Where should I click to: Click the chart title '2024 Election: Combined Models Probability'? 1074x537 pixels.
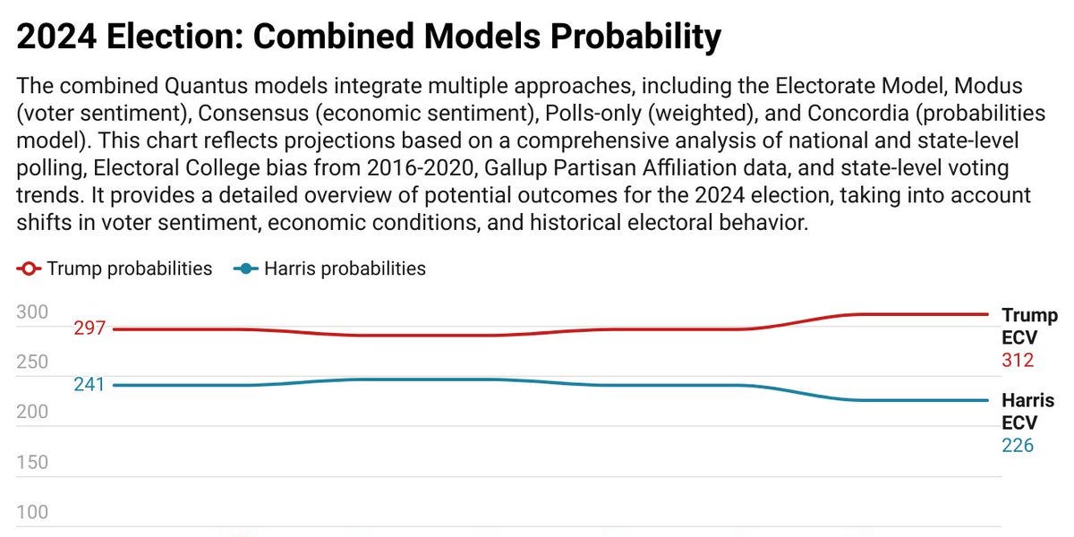click(x=369, y=38)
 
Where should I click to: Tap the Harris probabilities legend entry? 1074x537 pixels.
click(x=329, y=268)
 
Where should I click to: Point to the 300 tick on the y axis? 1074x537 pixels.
click(x=32, y=312)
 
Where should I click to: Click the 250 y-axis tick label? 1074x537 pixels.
click(x=32, y=362)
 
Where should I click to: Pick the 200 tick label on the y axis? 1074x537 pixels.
click(x=32, y=413)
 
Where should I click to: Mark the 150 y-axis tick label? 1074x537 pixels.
click(x=32, y=463)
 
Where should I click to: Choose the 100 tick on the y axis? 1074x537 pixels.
click(x=32, y=513)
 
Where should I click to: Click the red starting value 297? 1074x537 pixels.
click(x=89, y=329)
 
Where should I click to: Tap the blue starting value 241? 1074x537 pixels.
click(x=89, y=385)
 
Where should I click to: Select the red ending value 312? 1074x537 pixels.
click(x=1018, y=361)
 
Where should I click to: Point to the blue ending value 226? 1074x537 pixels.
click(x=1018, y=446)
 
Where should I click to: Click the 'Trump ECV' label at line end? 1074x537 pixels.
click(x=1028, y=327)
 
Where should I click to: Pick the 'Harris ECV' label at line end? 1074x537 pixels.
click(x=1027, y=412)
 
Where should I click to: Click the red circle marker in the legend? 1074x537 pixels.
click(x=29, y=268)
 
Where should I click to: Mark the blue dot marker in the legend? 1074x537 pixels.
click(x=244, y=268)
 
